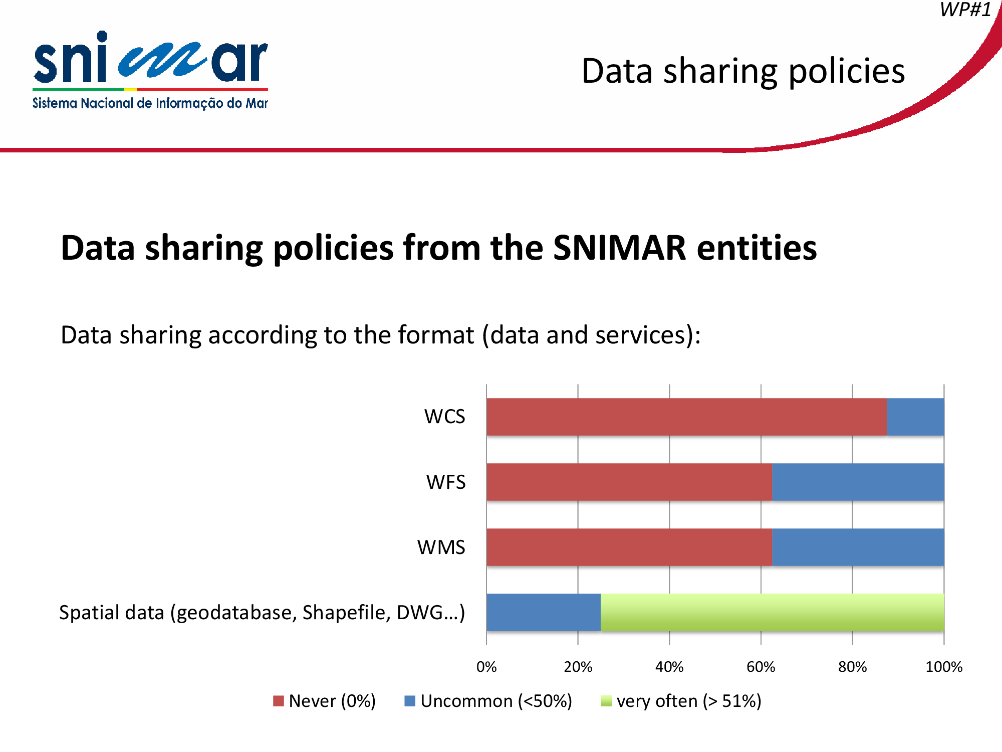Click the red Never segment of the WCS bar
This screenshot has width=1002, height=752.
[686, 417]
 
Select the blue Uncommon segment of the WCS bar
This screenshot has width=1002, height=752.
[915, 417]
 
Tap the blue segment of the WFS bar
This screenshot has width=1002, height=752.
[858, 482]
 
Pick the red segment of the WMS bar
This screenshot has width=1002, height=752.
[629, 547]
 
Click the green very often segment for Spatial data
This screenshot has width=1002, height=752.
[773, 612]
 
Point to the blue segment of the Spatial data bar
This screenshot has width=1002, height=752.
[544, 612]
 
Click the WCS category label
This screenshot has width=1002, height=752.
[444, 417]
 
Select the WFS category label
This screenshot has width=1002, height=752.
[446, 482]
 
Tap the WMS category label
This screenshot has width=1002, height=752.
[441, 547]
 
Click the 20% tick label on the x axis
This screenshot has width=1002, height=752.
[578, 667]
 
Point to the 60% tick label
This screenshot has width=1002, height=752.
[761, 667]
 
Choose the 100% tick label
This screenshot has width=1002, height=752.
[944, 667]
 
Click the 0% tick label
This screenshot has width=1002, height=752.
[486, 667]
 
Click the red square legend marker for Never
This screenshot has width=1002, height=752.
[279, 701]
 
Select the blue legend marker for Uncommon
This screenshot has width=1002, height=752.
[410, 701]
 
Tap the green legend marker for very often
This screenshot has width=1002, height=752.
[606, 701]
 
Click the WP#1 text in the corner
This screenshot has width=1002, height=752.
[965, 10]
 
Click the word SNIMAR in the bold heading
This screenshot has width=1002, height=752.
[620, 248]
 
